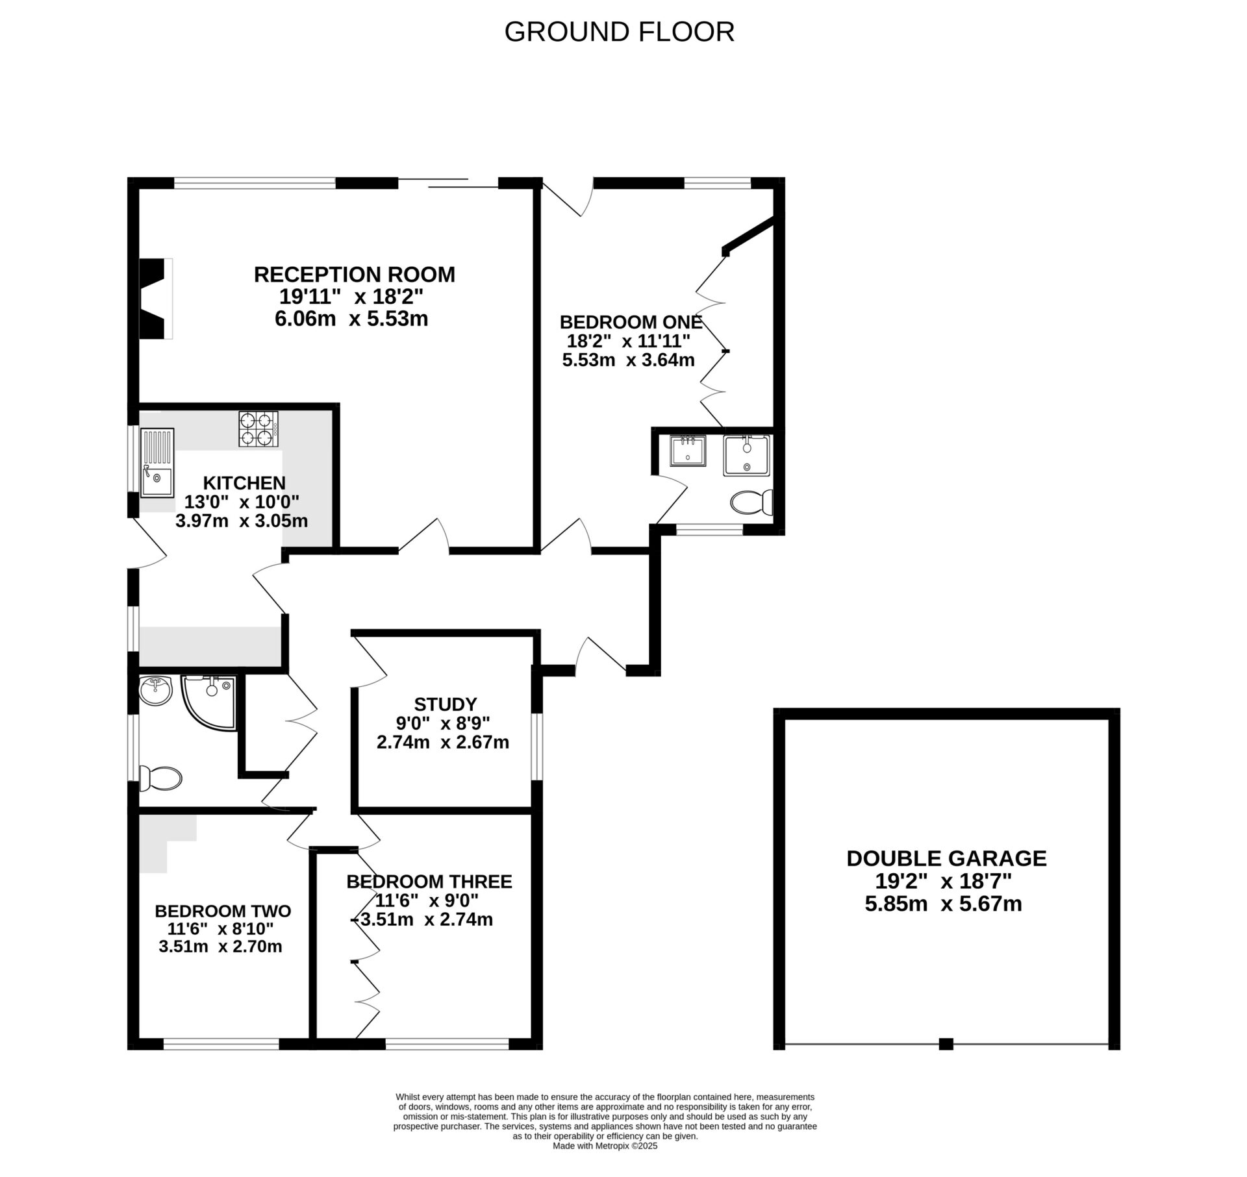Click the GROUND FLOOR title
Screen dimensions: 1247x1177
[x=619, y=32]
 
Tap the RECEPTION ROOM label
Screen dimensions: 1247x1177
[x=354, y=275]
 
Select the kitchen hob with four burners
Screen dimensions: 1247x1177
[x=258, y=429]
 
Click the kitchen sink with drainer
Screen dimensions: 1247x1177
[x=157, y=462]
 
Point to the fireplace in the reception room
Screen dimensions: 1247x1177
[x=156, y=298]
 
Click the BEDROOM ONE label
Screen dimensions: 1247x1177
[x=631, y=322]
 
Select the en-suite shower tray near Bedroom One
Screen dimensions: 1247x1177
[x=746, y=456]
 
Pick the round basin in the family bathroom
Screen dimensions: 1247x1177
[x=155, y=690]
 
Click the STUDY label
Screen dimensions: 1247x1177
[x=446, y=704]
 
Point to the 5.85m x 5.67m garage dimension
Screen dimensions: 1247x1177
[x=943, y=904]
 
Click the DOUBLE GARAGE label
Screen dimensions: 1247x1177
[x=946, y=858]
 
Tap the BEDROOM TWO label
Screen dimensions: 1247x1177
[x=223, y=911]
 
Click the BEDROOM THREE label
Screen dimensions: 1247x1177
[x=429, y=882]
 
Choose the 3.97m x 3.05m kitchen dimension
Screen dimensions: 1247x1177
[x=242, y=521]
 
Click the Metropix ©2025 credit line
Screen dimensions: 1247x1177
[x=605, y=1164]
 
